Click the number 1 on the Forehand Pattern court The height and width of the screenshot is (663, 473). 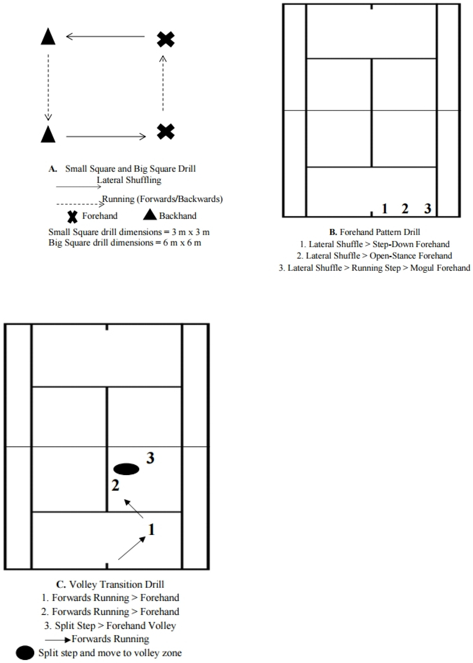(385, 209)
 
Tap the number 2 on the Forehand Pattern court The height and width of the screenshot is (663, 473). (405, 209)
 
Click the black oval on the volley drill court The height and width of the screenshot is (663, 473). (126, 469)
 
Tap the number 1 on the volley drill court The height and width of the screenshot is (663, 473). (151, 529)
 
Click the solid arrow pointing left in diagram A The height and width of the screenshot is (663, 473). (105, 36)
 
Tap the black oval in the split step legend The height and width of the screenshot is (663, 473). (25, 653)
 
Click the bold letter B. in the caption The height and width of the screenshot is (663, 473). (333, 232)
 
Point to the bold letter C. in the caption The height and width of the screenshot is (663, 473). (61, 584)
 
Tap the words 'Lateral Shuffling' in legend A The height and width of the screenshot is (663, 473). (129, 180)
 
